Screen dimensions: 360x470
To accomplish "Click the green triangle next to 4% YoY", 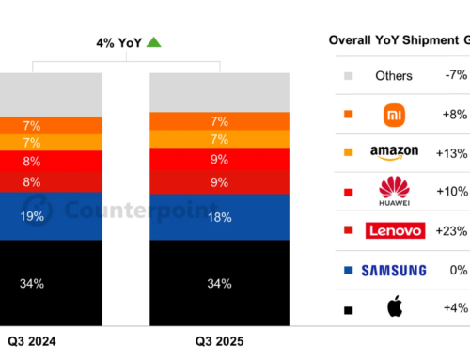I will click(153, 41).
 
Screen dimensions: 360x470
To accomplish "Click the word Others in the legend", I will click(393, 75).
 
